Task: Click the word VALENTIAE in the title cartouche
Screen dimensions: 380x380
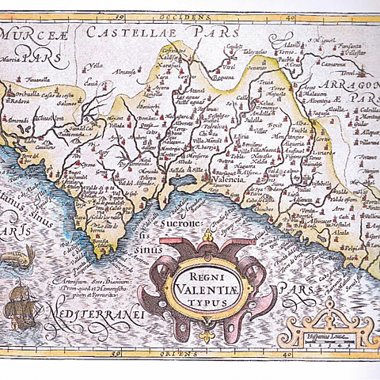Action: (207, 288)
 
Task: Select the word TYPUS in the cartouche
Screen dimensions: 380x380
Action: (207, 302)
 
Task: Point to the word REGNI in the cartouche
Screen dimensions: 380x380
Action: (207, 274)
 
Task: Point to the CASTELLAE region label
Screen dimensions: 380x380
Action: (127, 32)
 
